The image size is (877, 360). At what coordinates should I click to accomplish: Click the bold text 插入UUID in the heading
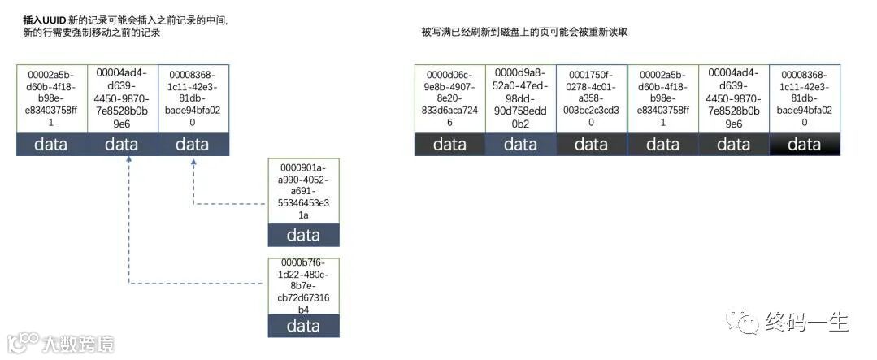point(45,19)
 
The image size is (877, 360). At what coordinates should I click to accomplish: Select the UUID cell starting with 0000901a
point(304,191)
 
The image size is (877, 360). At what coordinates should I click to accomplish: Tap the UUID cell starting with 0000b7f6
point(304,286)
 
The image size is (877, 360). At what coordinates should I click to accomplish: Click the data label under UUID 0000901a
point(304,235)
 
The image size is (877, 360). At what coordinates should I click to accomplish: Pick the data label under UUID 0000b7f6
point(304,327)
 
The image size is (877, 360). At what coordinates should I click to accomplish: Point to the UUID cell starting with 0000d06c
point(449,98)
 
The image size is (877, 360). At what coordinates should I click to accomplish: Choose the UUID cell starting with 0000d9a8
point(520,98)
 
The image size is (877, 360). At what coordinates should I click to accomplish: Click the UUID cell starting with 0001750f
point(591,98)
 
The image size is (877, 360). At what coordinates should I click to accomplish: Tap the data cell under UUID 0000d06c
point(449,144)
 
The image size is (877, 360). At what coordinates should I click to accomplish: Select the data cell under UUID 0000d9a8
point(520,144)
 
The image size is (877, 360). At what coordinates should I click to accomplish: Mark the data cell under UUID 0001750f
point(591,144)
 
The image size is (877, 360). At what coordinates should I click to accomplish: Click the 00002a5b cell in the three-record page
point(51,98)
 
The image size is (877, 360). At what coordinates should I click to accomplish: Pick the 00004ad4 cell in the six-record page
point(733,98)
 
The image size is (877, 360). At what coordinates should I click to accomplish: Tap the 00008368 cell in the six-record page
point(804,98)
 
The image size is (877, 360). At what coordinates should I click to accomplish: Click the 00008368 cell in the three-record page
point(193,98)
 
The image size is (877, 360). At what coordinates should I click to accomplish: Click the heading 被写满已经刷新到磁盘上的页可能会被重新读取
point(524,32)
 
